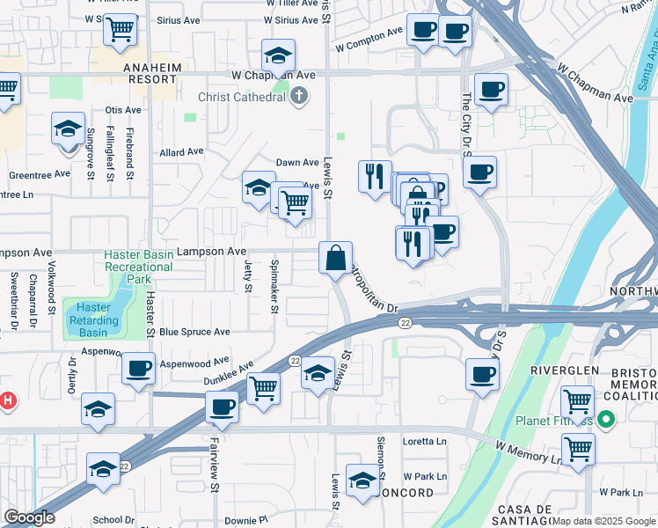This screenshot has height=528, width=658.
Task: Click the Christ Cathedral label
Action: (x=243, y=96)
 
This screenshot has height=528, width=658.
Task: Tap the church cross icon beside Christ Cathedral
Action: (x=300, y=95)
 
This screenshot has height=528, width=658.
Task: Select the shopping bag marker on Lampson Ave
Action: (x=335, y=259)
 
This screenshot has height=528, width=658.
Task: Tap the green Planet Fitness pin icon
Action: (x=605, y=419)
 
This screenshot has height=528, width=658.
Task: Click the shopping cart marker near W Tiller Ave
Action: (x=120, y=29)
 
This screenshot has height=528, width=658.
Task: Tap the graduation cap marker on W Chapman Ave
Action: (x=279, y=56)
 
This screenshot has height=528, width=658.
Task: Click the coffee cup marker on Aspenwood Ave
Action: (x=138, y=369)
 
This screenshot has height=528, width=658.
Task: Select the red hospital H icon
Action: (x=7, y=401)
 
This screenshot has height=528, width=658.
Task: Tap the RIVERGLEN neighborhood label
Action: (x=564, y=370)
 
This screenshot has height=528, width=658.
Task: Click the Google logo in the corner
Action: (x=29, y=517)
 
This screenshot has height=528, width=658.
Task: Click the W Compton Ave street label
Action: (x=368, y=35)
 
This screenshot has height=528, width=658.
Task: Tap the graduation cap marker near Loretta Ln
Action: (x=362, y=480)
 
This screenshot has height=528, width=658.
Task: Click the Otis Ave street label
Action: (x=123, y=110)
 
